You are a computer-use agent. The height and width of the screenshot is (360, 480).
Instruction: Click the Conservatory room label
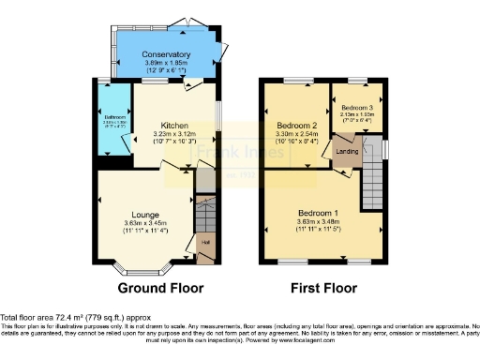point(166,54)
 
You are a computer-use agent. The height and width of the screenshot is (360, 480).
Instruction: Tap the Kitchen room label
point(175,125)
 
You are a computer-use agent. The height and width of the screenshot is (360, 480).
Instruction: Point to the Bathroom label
point(112,117)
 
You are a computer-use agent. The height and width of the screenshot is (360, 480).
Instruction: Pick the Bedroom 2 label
point(295,125)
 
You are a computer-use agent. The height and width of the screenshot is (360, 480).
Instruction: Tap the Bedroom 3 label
point(356,109)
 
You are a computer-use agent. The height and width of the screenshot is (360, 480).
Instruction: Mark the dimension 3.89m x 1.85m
point(166,64)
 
